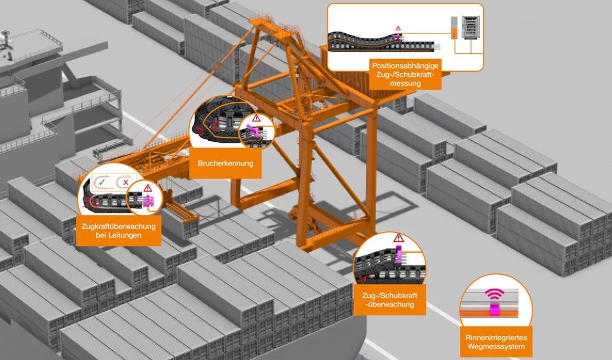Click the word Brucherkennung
click(225, 164)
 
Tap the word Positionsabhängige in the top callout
click(406, 66)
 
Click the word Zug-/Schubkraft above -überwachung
click(390, 296)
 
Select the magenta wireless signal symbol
click(493, 296)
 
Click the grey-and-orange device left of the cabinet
click(454, 28)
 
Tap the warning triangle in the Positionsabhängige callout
click(398, 28)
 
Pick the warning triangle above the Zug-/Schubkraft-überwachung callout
click(399, 238)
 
